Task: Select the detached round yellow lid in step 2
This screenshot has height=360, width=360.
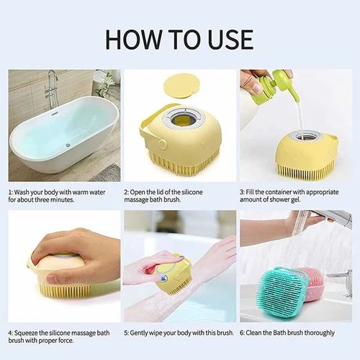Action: click(180, 85)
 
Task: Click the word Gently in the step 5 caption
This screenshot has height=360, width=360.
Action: click(143, 333)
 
